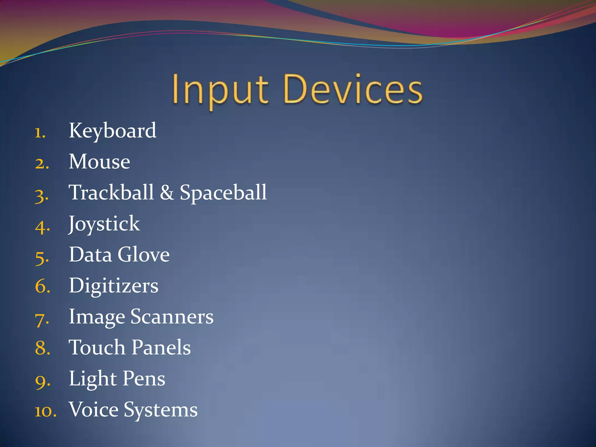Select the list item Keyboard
point(112,131)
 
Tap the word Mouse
point(99,162)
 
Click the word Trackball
point(111,193)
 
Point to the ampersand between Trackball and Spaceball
point(167,193)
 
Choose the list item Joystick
point(104,224)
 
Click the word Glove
point(143,255)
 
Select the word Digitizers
point(113,286)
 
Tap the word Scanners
point(172,317)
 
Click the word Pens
point(144,379)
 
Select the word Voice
point(94,410)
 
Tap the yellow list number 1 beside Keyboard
point(39,133)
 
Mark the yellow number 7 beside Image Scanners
point(41,320)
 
